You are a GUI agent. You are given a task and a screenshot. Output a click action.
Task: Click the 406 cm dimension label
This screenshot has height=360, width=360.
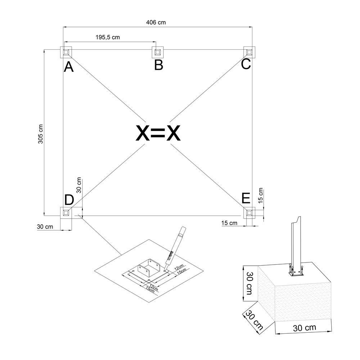[x=156, y=22]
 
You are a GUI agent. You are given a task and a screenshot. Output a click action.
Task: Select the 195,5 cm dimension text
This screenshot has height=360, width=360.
[x=108, y=37]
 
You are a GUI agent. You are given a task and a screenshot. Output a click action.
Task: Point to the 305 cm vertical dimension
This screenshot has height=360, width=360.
[x=40, y=134]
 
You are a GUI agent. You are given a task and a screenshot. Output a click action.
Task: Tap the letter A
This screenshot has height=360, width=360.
[x=69, y=67]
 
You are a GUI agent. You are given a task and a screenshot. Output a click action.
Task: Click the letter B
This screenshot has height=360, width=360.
[x=159, y=65]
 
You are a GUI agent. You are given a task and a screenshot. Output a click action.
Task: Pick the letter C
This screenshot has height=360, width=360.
[x=246, y=64]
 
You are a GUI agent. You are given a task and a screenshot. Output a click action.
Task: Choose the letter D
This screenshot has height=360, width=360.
[x=69, y=200]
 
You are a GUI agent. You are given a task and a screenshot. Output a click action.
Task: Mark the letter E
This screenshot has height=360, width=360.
[x=246, y=198]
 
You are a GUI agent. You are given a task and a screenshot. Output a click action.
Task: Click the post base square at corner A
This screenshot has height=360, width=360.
[x=66, y=52]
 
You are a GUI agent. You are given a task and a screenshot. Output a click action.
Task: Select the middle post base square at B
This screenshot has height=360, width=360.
[x=158, y=52]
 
